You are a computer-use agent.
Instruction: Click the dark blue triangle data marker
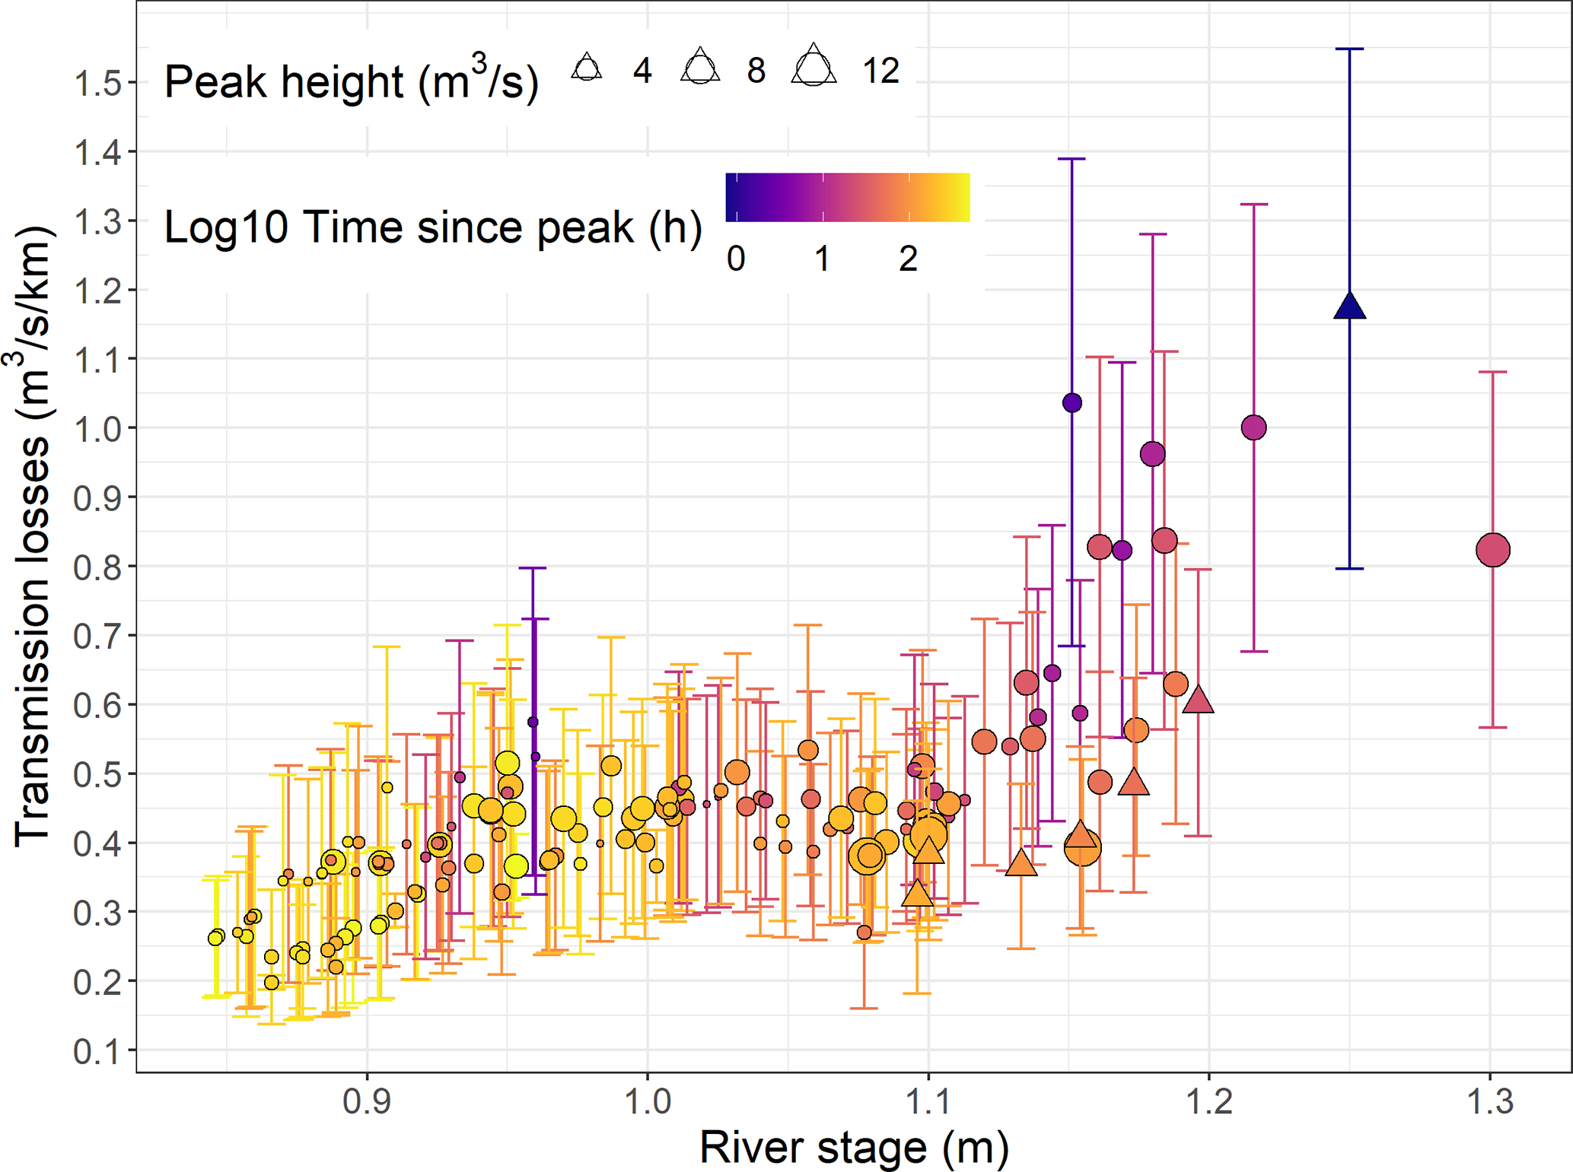[x=1349, y=306]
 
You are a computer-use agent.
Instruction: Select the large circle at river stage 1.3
[x=1492, y=550]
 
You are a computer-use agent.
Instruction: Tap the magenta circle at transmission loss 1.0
[x=1253, y=427]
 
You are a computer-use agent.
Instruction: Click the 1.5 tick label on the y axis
[x=97, y=83]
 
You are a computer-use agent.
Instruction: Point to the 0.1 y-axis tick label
[x=97, y=1051]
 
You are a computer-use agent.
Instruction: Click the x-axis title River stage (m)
[x=854, y=1147]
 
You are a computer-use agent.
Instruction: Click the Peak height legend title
[x=352, y=81]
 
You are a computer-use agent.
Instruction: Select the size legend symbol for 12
[x=814, y=66]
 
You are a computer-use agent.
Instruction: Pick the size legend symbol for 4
[x=587, y=68]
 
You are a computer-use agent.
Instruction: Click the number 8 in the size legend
[x=756, y=71]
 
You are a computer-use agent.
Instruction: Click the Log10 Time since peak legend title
[x=433, y=227]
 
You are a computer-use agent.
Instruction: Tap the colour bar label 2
[x=908, y=259]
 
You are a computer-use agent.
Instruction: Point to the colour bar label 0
[x=735, y=259]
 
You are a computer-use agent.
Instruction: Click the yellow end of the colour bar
[x=960, y=198]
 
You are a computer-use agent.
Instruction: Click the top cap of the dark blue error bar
[x=1349, y=49]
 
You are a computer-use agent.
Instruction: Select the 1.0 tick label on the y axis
[x=97, y=429]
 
